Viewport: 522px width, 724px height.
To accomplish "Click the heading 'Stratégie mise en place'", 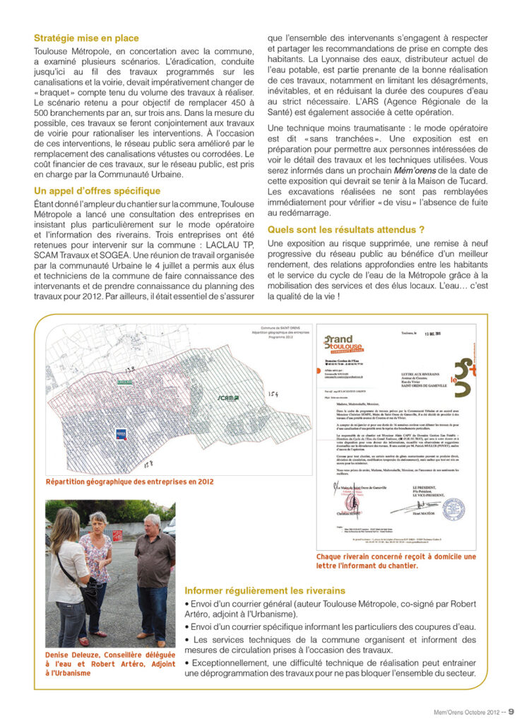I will coord(86,38).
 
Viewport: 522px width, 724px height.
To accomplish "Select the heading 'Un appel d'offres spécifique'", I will coord(97,191).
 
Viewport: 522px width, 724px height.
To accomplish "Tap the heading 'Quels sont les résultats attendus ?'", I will coord(345,229).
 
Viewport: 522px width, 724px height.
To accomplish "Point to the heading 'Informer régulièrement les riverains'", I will coord(265,590).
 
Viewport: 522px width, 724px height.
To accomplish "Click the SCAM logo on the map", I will coord(228,397).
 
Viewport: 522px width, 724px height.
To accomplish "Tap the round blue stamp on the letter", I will coord(453,508).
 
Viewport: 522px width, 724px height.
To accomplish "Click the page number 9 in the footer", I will coord(511,711).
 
